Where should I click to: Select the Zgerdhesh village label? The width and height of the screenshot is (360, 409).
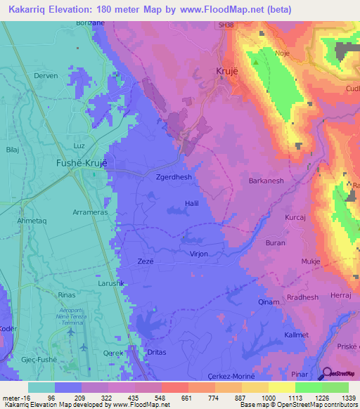tap(173, 178)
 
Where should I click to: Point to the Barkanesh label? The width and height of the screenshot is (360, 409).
tap(266, 181)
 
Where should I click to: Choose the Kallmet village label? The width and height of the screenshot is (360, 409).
tap(294, 335)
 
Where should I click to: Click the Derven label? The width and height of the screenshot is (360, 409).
tap(46, 76)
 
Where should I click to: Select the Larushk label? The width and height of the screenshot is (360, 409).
tap(91, 283)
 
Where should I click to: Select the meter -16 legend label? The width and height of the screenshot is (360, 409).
tap(15, 397)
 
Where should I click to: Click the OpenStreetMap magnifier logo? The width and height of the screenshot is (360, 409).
tap(326, 375)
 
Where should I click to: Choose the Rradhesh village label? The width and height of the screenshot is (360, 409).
tap(303, 297)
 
